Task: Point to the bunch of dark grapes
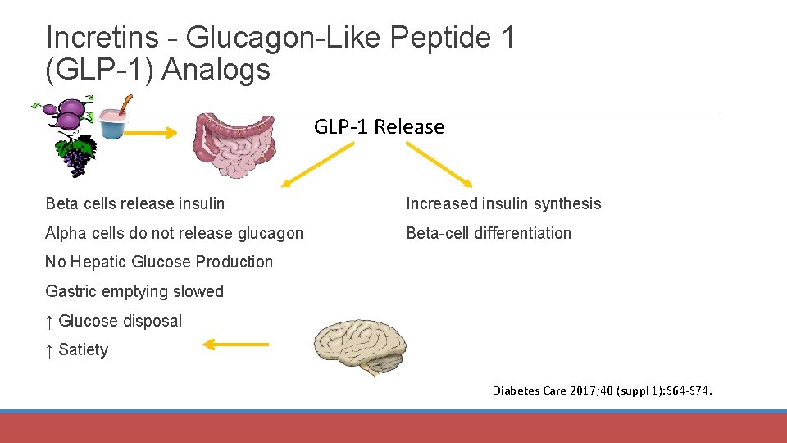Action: [x=75, y=155]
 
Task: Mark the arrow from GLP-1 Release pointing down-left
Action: [x=318, y=164]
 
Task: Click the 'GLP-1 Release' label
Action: [x=379, y=127]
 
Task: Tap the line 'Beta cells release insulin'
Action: [x=135, y=203]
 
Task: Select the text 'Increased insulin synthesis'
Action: [x=503, y=203]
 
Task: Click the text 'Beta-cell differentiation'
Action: [x=489, y=233]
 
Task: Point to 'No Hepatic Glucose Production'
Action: [x=159, y=262]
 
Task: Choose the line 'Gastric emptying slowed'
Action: [x=134, y=291]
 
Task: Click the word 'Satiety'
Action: [x=84, y=349]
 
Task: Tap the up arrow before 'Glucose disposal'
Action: [x=50, y=321]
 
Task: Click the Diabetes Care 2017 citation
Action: [x=603, y=390]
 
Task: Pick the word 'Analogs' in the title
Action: [x=216, y=70]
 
